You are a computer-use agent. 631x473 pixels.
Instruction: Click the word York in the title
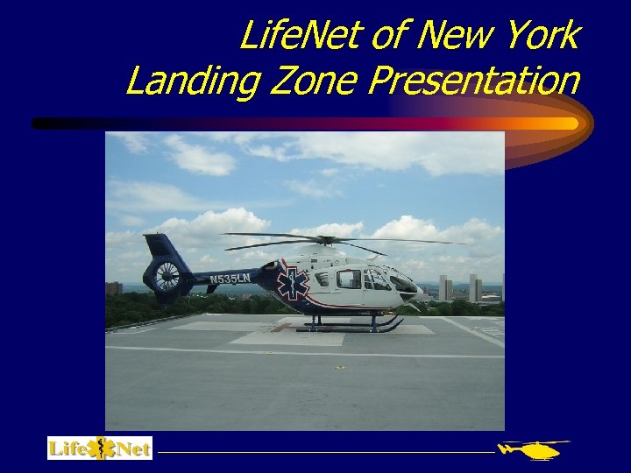pos(543,37)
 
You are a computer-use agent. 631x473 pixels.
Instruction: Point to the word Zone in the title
pos(308,81)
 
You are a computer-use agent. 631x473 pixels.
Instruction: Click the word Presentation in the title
pos(473,81)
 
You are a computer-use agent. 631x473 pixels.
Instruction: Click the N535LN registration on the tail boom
pos(230,279)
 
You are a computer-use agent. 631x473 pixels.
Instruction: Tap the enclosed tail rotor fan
pos(167,277)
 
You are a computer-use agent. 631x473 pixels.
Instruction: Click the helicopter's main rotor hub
pos(326,239)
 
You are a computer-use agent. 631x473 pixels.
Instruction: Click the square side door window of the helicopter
pos(348,279)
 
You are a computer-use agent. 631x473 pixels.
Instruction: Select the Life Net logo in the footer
pos(100,448)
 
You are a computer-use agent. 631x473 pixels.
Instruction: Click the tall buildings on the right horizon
pos(473,287)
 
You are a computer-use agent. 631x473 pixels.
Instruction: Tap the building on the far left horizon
pos(114,287)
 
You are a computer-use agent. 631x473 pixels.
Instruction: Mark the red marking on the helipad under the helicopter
pos(281,327)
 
